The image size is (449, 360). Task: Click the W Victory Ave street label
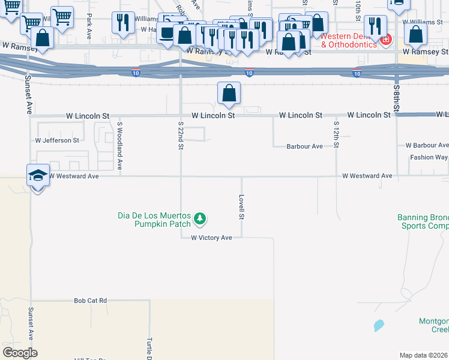click(x=211, y=238)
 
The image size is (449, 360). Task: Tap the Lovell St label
click(x=242, y=206)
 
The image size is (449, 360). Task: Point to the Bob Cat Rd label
click(x=90, y=300)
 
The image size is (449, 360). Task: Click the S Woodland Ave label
click(x=119, y=146)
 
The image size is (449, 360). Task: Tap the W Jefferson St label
click(x=57, y=140)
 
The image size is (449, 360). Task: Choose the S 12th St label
click(x=337, y=138)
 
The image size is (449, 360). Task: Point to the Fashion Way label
click(x=429, y=157)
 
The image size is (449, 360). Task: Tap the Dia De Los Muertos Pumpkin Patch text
click(x=154, y=220)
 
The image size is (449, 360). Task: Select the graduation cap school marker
click(x=37, y=176)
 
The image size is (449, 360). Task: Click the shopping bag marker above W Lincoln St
click(x=229, y=94)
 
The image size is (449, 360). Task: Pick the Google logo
click(x=20, y=353)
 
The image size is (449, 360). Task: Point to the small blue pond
click(x=378, y=326)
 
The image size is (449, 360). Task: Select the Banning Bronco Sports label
click(x=423, y=222)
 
